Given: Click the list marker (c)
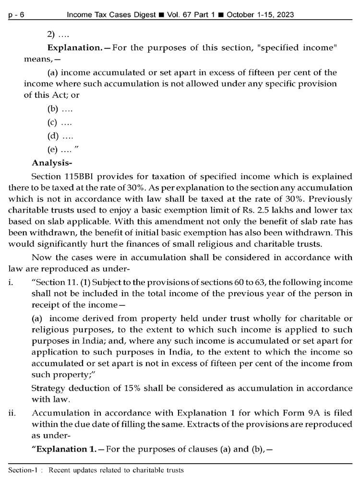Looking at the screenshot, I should point(53,123).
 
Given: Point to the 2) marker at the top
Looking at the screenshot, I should point(51,35).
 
